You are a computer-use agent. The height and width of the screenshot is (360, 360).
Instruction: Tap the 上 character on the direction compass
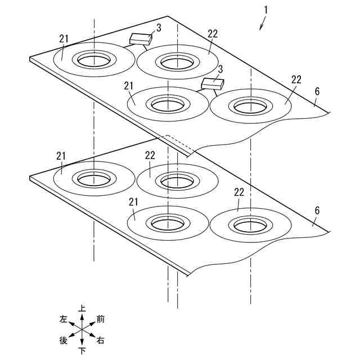[82, 308]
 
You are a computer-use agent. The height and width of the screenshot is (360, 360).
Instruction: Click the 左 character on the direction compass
[64, 319]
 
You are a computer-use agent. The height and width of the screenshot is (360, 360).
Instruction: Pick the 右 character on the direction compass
[100, 340]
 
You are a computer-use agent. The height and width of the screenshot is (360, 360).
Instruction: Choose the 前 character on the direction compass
[101, 319]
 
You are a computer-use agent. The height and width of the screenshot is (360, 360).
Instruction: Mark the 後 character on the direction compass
[64, 340]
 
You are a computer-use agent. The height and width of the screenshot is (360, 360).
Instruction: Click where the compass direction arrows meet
[82, 330]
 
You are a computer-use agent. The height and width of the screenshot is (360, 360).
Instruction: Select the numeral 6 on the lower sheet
[317, 210]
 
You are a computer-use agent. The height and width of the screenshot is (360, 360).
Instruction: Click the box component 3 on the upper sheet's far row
[141, 39]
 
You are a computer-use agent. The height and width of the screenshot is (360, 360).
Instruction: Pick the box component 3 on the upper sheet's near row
[213, 84]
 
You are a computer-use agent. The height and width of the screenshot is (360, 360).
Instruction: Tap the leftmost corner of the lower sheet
[30, 178]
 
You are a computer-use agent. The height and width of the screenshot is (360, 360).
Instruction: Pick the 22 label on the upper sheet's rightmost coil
[296, 79]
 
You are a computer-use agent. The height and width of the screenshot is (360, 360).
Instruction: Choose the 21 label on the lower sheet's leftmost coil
[61, 155]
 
